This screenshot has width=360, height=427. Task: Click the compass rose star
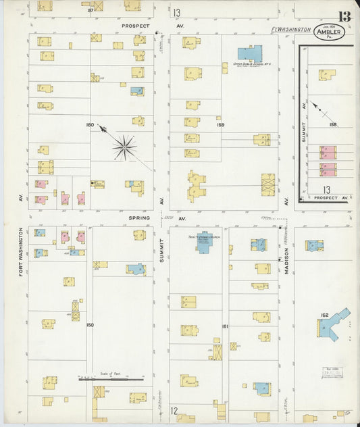coord(124,147)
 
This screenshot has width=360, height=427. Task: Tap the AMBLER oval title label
coord(330,31)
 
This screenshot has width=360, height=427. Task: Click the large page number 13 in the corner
coord(345,16)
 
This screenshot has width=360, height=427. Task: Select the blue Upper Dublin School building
coord(250,55)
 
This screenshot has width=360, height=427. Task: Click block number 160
coord(90,124)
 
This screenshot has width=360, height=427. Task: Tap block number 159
coord(220,124)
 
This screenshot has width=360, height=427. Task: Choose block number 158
coord(332,124)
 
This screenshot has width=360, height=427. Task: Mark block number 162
coord(325,315)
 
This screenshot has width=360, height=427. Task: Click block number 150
coord(90,325)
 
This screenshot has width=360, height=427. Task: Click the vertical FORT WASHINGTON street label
coord(22,251)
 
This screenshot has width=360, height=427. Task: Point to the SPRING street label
coord(138,218)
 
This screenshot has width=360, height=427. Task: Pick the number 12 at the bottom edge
coord(174,410)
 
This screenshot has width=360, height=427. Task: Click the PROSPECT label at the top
coord(135,26)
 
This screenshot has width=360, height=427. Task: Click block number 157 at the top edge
coord(90,10)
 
